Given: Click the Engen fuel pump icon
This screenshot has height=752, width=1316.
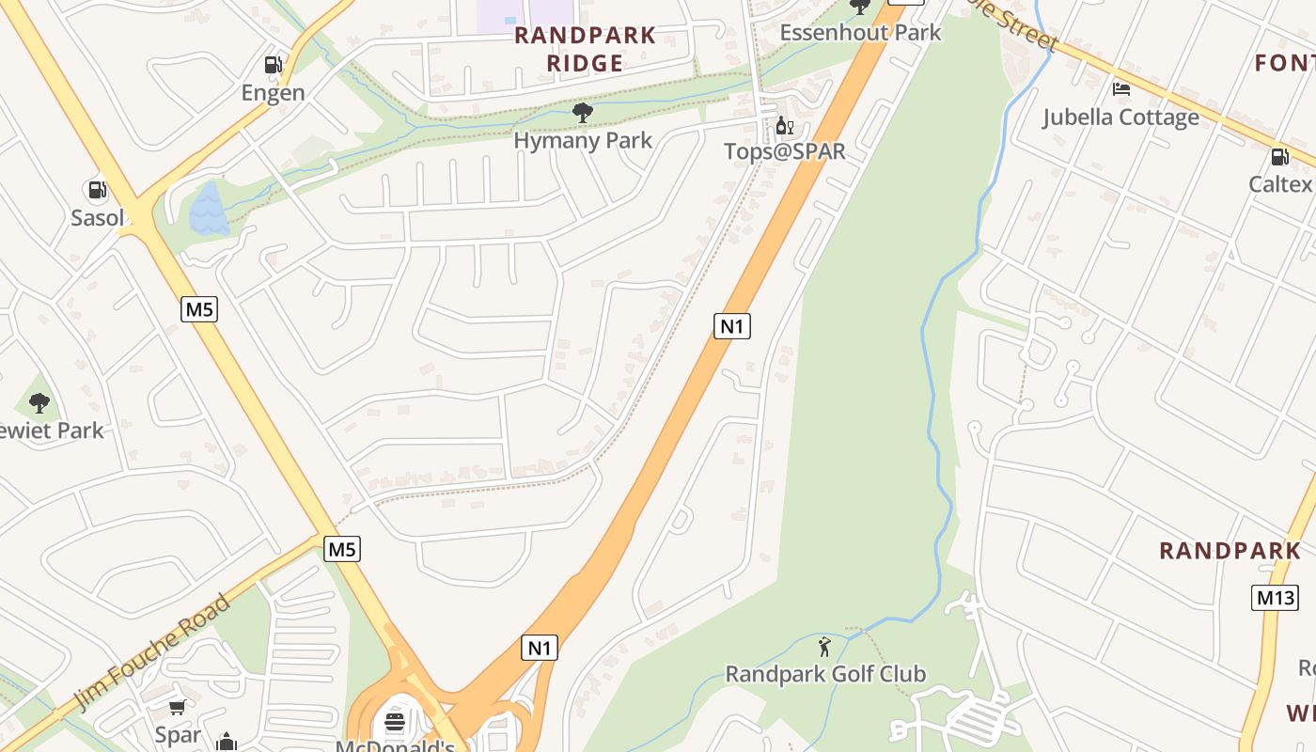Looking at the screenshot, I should (273, 65).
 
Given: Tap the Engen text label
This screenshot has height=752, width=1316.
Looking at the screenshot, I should (273, 92).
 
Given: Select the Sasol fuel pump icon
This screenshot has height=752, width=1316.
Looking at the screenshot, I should (97, 191).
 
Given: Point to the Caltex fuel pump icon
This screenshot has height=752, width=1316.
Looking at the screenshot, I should (1280, 157).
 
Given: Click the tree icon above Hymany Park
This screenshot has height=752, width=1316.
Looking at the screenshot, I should (583, 114).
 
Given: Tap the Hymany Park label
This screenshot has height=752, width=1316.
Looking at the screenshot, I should (583, 141).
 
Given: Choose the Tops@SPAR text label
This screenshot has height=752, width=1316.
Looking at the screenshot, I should (785, 151).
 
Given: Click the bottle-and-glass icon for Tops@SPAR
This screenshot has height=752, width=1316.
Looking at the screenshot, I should (784, 125).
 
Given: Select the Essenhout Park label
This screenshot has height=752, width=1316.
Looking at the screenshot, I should (860, 33).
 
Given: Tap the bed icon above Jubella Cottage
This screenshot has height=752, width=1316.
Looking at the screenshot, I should (1120, 90).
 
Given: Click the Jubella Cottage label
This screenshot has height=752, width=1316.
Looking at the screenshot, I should (1120, 117).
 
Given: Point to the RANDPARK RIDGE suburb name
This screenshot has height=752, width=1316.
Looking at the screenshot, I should (584, 49).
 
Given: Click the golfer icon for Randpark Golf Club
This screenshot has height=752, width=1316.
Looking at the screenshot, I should (824, 647).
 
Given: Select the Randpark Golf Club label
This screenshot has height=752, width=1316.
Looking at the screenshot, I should (825, 674).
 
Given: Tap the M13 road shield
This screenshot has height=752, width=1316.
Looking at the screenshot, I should (1275, 597).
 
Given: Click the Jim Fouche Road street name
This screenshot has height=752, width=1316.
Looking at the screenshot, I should (153, 653).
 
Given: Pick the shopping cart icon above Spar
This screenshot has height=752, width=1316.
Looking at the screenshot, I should (177, 707).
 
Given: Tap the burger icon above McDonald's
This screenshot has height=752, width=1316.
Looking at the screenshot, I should (395, 723).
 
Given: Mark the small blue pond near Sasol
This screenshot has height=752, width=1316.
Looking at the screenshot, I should (208, 209).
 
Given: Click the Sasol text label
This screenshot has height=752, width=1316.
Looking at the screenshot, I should (97, 218).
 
